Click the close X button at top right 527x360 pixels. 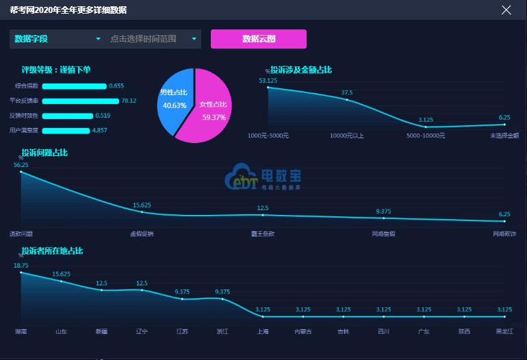[x=506, y=10]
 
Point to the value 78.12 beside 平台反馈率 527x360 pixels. [x=129, y=101]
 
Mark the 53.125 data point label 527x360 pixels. [x=268, y=81]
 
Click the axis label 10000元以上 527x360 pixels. [x=347, y=136]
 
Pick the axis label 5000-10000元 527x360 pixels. [x=426, y=136]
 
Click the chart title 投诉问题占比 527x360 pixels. [x=44, y=152]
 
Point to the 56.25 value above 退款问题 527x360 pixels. [x=21, y=165]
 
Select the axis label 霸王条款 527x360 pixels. [x=263, y=233]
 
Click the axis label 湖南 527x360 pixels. [x=21, y=331]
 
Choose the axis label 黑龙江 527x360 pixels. [x=504, y=331]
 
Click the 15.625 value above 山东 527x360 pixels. [x=61, y=274]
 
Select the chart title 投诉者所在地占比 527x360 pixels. [x=52, y=251]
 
